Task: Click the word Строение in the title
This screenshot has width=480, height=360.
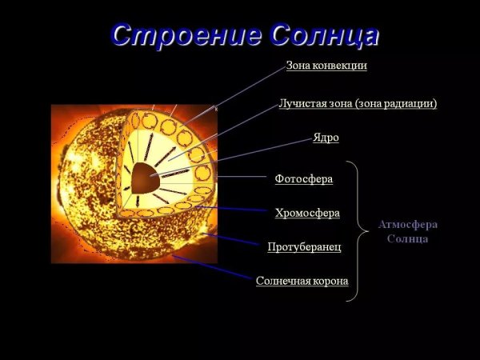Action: click(186, 34)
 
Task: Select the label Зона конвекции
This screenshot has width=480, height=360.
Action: click(326, 66)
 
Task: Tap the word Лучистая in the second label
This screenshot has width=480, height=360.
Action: click(301, 103)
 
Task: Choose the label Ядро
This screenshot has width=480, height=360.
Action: click(326, 138)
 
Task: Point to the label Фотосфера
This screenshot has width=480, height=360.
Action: click(303, 178)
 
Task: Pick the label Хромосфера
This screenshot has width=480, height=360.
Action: click(307, 213)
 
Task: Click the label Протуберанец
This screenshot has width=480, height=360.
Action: click(304, 246)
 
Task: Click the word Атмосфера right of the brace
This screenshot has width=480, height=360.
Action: click(408, 225)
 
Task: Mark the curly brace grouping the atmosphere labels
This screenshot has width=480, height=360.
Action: click(352, 231)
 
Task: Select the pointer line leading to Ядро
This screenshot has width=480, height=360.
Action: click(264, 149)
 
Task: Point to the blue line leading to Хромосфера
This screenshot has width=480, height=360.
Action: click(232, 209)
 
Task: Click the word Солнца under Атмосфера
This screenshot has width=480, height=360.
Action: click(408, 238)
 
